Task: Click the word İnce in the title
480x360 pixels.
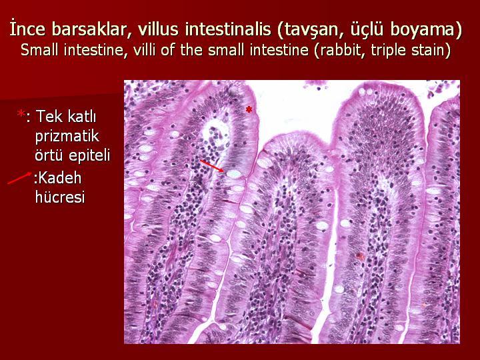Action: coord(27,30)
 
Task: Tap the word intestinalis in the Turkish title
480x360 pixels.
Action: coord(228,30)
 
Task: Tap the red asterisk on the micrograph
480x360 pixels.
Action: coord(249,109)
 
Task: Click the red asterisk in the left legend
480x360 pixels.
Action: coord(21,114)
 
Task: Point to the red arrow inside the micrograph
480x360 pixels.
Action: coord(212,166)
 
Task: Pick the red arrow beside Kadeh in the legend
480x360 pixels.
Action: coord(19,178)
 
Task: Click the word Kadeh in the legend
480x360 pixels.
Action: coord(59,177)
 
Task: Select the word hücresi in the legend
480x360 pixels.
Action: coord(60,197)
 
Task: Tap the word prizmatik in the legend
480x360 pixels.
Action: coord(67,136)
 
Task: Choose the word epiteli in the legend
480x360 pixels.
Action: coord(89,156)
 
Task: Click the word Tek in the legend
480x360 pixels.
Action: coord(48,116)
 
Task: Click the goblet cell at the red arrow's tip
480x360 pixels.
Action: coord(234,174)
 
